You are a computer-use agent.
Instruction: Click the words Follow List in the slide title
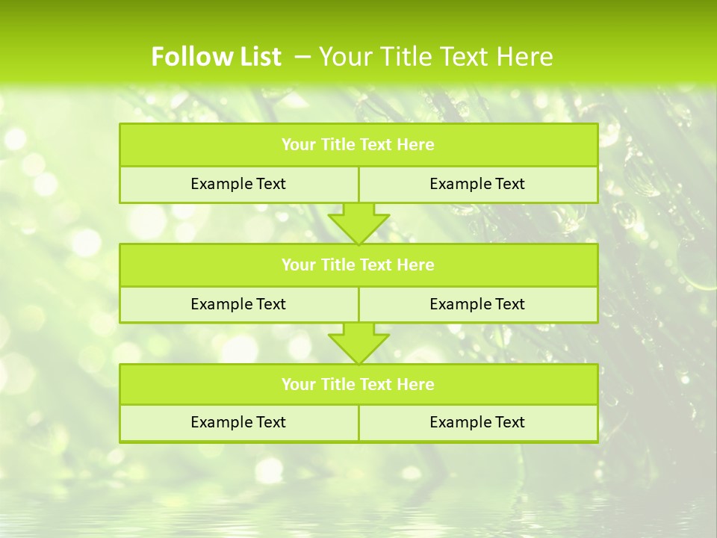tap(216, 57)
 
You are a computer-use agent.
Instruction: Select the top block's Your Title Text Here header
tap(358, 145)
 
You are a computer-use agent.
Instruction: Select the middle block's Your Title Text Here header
tap(358, 265)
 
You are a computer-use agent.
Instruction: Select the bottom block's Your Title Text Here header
tap(358, 384)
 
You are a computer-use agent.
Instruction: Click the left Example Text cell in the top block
tap(238, 184)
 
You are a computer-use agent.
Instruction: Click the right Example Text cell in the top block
tap(477, 184)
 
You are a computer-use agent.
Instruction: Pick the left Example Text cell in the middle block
tap(238, 304)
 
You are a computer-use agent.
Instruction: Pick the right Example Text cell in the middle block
tap(477, 304)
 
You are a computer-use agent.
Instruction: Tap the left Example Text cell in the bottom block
tap(238, 422)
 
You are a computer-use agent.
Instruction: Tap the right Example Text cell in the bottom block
tap(477, 422)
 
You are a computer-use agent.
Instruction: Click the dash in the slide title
tap(303, 57)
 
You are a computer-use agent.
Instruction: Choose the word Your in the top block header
tap(298, 145)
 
